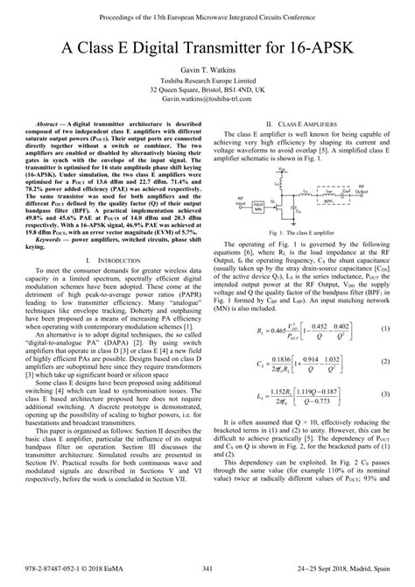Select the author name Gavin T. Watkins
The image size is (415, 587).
(207, 79)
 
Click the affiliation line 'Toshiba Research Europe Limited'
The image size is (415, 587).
(207, 91)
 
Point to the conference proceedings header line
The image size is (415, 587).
(207, 11)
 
